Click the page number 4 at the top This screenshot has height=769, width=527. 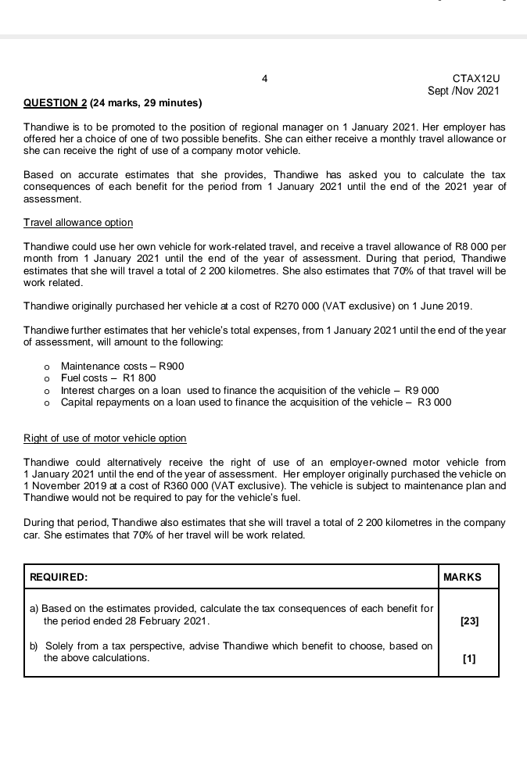pos(265,78)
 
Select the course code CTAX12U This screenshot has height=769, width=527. pos(475,78)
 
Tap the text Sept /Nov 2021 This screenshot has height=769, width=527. pos(463,91)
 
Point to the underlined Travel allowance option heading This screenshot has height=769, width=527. pos(78,223)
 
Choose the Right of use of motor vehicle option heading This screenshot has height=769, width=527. pos(105,438)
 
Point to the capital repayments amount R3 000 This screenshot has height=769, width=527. pos(435,402)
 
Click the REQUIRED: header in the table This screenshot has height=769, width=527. pos(58,577)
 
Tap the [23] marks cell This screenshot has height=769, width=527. pos(469,621)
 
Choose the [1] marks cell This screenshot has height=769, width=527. pos(469,658)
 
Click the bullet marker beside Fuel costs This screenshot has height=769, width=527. pos(48,379)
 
